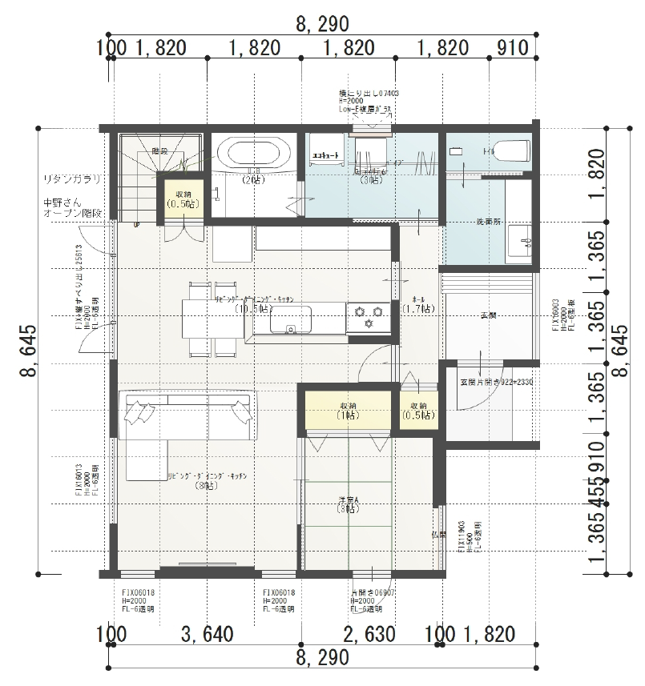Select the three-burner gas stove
point(368,315)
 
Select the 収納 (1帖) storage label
point(348,410)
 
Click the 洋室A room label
point(348,504)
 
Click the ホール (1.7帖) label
point(418,303)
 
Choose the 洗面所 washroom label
point(488,221)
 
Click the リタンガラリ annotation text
point(72,179)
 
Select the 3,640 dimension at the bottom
point(207,635)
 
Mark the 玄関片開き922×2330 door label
point(496,382)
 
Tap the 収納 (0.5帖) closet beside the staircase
point(179,198)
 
